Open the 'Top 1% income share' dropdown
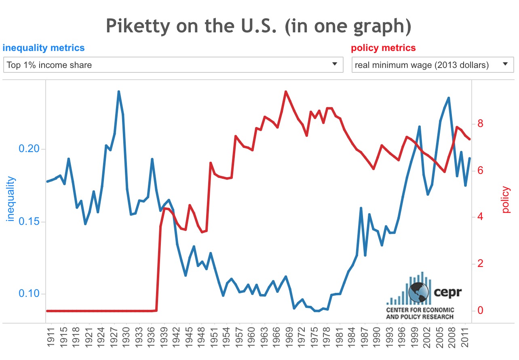[173, 65]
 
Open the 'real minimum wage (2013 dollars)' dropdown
[432, 65]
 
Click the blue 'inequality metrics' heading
[44, 48]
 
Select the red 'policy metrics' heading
[383, 48]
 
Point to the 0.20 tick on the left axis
[30, 149]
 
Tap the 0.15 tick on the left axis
[30, 222]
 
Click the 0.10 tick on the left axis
[30, 294]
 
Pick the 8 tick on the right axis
[481, 123]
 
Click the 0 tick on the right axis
[481, 311]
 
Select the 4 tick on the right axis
[481, 217]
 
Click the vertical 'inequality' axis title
[11, 199]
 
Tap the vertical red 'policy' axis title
[506, 199]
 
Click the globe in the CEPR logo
[419, 292]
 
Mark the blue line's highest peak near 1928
[118, 91]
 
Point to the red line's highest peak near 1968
[286, 91]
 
